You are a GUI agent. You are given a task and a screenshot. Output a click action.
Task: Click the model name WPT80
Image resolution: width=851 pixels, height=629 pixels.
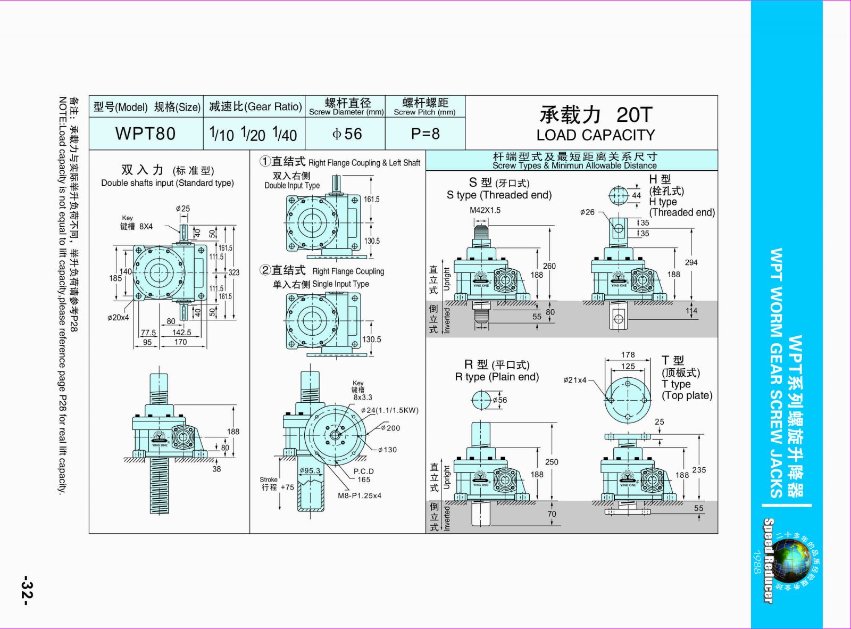point(145,133)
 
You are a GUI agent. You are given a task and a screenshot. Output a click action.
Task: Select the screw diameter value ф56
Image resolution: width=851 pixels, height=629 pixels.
point(347,134)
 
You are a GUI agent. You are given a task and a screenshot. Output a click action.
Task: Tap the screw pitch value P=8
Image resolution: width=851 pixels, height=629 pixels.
point(425,134)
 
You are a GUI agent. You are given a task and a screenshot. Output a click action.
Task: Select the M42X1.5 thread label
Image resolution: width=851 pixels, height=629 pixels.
point(485,210)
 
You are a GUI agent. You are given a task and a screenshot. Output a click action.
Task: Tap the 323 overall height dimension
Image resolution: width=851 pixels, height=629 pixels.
point(234,272)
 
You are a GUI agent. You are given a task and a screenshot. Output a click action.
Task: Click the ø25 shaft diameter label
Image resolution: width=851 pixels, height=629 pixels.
point(182,209)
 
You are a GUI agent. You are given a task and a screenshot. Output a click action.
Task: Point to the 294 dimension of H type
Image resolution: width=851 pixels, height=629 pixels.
point(691,262)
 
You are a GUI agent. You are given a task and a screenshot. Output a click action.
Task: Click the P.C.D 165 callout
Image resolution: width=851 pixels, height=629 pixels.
point(364,475)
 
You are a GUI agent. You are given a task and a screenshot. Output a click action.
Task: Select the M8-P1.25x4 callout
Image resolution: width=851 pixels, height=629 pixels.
point(360,495)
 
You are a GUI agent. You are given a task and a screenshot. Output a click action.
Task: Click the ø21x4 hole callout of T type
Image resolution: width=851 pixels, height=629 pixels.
point(575,380)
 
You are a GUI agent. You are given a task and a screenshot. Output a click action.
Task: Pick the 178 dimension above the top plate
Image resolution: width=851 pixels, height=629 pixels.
point(628,354)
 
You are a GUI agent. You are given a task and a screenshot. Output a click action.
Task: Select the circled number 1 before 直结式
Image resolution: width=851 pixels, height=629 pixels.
point(265,161)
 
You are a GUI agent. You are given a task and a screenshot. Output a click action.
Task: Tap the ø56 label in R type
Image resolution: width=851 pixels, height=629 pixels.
point(499,400)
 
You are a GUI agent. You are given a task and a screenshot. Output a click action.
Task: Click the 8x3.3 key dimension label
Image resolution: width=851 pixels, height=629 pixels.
point(363,397)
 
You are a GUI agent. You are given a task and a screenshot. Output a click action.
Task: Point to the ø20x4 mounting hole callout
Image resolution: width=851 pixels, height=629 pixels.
point(118,318)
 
